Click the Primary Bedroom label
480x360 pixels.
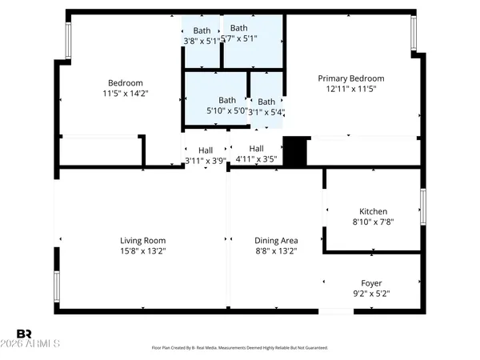pos(351,78)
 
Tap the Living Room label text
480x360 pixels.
pos(142,240)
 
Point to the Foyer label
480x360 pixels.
pos(371,283)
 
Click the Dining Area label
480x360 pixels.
pos(276,240)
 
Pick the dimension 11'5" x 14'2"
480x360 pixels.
pos(126,93)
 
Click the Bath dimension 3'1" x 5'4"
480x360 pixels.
pos(266,112)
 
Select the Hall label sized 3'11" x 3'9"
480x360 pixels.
pos(206,150)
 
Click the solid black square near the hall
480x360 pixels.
pos(296,151)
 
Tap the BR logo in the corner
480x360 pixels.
pos(24,333)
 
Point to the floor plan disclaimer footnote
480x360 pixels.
pos(240,348)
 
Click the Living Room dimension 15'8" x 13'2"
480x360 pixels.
pos(142,250)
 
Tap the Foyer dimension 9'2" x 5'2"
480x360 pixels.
pos(371,294)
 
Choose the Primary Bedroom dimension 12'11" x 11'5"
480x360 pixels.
pos(351,89)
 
